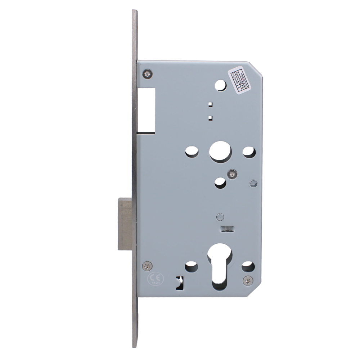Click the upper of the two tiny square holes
[211, 105]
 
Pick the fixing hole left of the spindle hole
[192, 152]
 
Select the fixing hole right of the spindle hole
[248, 152]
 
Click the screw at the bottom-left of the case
[147, 266]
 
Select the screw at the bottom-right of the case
[248, 280]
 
